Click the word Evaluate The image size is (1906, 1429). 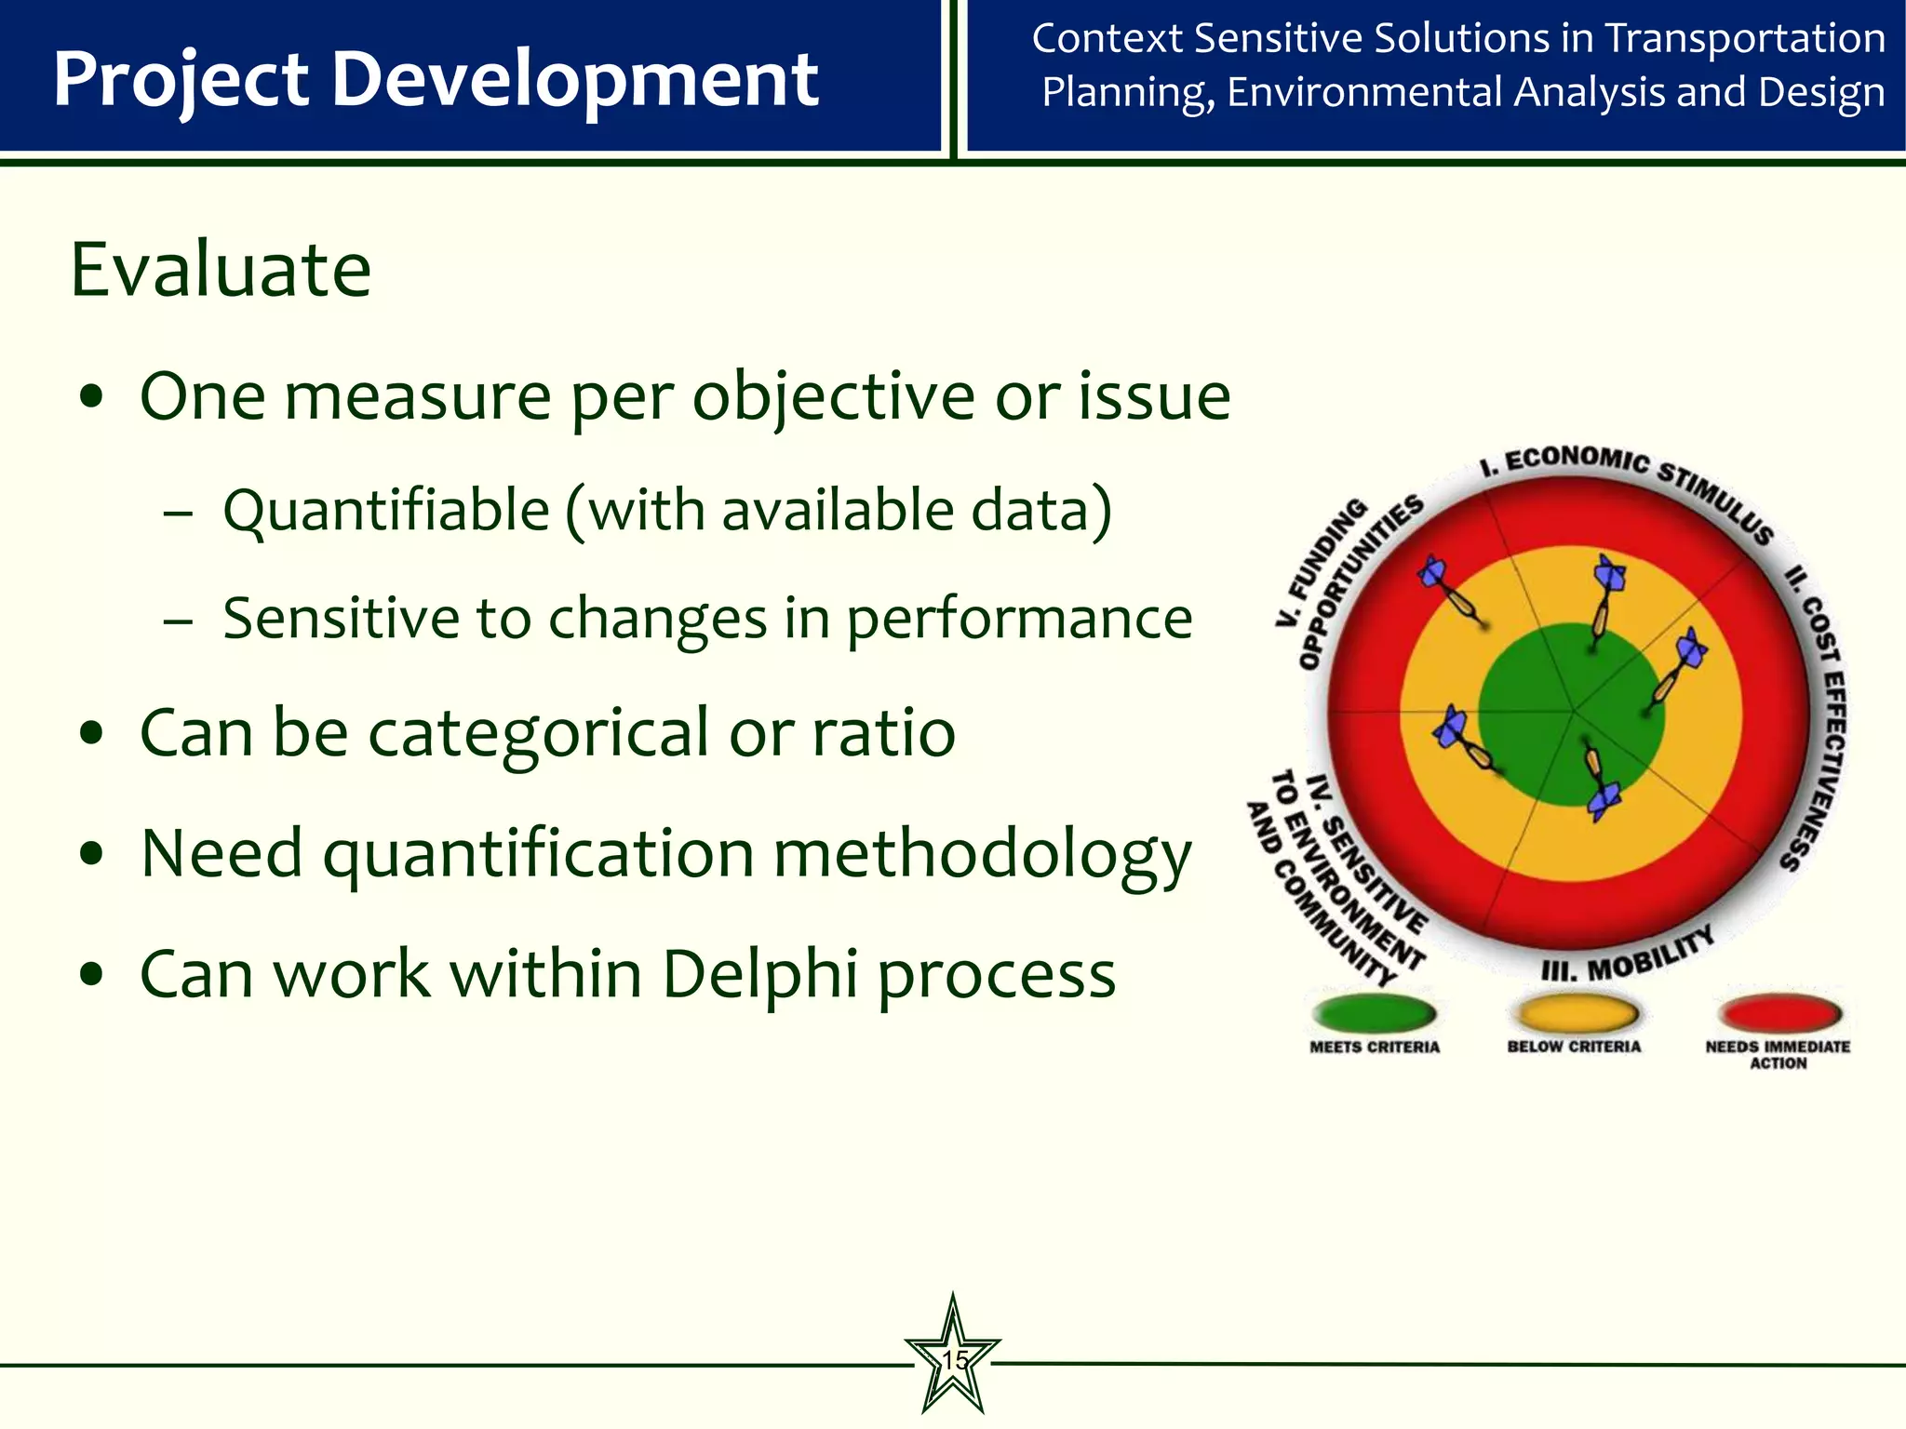(x=221, y=270)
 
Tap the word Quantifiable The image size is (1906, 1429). (x=386, y=512)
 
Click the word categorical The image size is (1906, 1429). (x=539, y=733)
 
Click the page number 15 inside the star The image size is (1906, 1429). (x=953, y=1360)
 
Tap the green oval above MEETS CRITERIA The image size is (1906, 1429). (x=1374, y=1012)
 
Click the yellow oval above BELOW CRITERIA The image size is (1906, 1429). (x=1574, y=1012)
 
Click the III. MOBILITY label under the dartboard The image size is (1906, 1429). (x=1627, y=958)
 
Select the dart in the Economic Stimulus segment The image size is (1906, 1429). (x=1604, y=600)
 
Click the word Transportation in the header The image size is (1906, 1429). (x=1745, y=39)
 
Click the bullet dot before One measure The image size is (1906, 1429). (x=91, y=399)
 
